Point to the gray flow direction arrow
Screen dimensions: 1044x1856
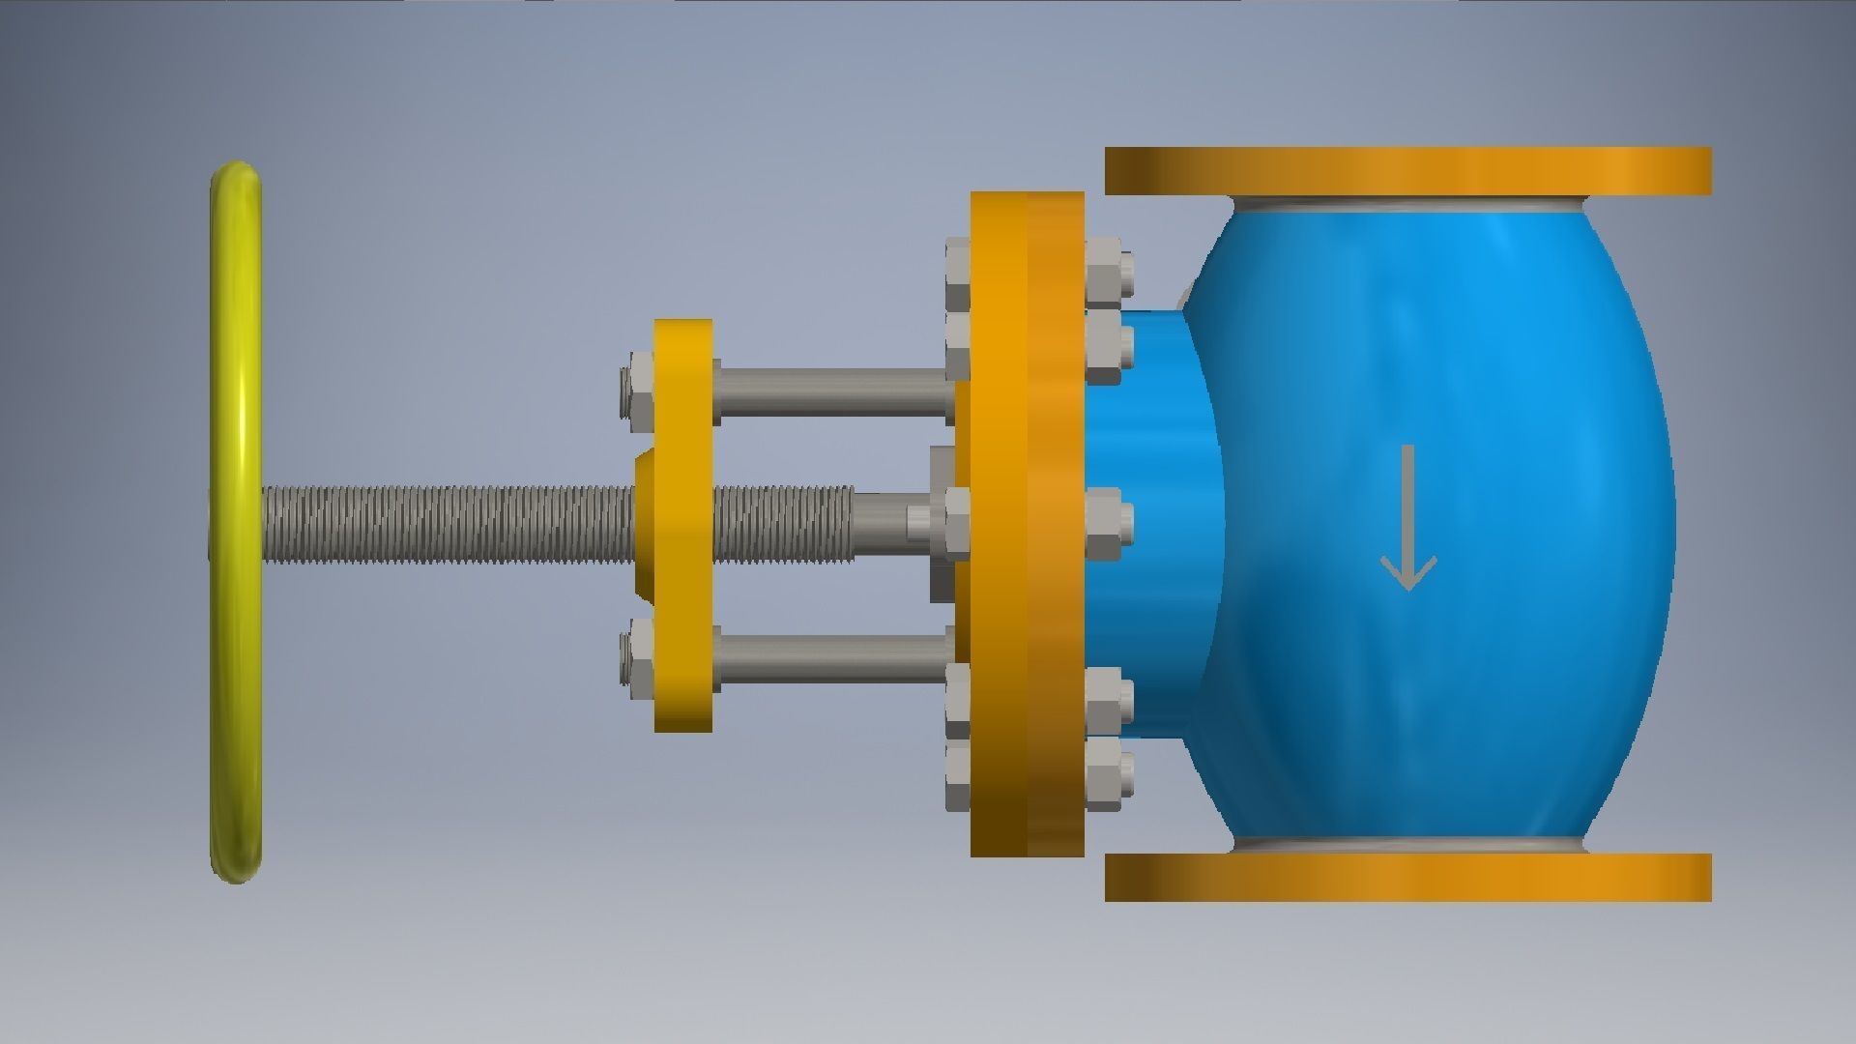(1407, 517)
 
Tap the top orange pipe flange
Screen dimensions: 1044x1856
(1407, 171)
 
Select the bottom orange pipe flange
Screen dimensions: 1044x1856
(1407, 877)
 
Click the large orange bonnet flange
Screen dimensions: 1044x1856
(1027, 522)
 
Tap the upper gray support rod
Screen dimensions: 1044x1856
(831, 391)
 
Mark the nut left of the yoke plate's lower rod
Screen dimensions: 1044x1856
(640, 657)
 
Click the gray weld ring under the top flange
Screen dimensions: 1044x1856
(1407, 205)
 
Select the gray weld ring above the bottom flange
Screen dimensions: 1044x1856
(1407, 844)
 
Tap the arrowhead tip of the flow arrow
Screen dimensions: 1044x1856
(1408, 587)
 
